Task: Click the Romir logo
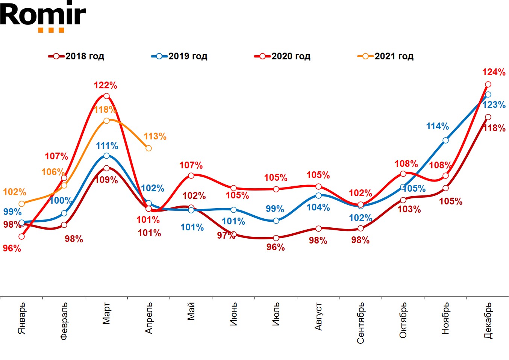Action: [x=43, y=17]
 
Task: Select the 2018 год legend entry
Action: [x=77, y=56]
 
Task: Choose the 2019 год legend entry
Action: [x=180, y=56]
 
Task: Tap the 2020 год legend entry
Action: [x=283, y=56]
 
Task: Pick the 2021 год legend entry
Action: [x=386, y=56]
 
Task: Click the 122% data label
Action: [x=106, y=85]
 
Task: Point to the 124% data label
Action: [x=494, y=72]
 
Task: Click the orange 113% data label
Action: [x=155, y=136]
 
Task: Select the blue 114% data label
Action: [x=437, y=126]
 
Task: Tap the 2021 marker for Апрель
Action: [x=148, y=148]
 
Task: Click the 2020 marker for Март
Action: [x=106, y=96]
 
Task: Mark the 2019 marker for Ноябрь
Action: [x=445, y=141]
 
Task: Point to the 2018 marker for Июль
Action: [x=276, y=238]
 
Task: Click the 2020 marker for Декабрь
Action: [x=488, y=84]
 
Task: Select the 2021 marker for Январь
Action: [x=21, y=204]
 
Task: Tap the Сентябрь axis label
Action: [x=361, y=323]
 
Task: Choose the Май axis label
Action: [x=191, y=311]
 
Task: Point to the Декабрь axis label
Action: [x=488, y=320]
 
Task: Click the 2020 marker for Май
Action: [x=191, y=175]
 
